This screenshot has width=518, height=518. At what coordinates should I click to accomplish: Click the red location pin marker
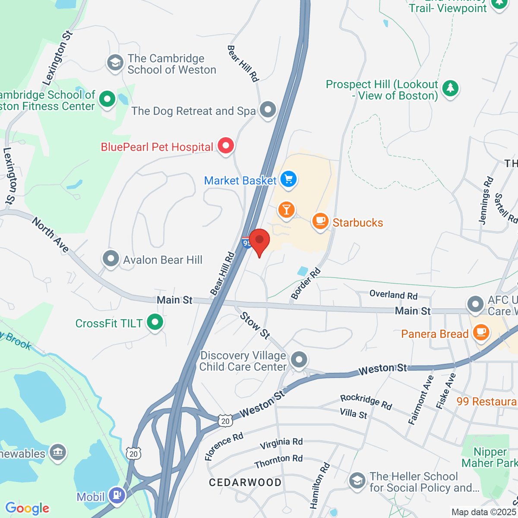click(259, 241)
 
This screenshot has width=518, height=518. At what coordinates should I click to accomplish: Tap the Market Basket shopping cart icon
click(288, 179)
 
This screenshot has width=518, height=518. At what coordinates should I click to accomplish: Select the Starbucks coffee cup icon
click(320, 221)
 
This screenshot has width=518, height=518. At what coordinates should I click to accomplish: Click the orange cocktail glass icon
click(286, 210)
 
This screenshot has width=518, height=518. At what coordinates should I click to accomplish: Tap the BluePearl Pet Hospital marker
click(225, 146)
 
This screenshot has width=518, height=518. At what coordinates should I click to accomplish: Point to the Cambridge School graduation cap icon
click(115, 63)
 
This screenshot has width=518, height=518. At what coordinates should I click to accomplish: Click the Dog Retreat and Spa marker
click(268, 110)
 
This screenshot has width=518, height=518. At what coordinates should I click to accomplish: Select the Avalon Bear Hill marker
click(111, 259)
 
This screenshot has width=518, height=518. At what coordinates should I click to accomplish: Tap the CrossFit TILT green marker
click(155, 322)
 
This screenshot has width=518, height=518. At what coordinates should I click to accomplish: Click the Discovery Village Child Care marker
click(299, 359)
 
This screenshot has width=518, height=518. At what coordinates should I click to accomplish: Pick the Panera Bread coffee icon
click(480, 332)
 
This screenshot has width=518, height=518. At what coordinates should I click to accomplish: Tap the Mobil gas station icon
click(117, 495)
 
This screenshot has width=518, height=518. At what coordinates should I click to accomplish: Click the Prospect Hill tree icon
click(450, 88)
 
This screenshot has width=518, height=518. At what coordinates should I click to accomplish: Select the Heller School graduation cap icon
click(357, 480)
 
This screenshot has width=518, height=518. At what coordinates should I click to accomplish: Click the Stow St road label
click(255, 325)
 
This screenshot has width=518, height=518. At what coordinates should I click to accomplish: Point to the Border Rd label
click(306, 284)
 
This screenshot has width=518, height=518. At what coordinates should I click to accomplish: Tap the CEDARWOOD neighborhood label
click(245, 482)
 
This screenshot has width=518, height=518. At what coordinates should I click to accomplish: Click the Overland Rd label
click(393, 295)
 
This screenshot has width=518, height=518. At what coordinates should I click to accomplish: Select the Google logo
click(28, 509)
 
